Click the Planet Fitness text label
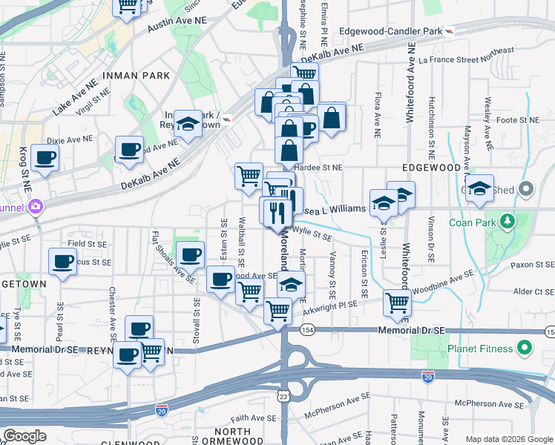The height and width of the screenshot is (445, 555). [479, 349]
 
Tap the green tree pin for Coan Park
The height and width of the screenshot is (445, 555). [508, 221]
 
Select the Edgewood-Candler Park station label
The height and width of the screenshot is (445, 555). [390, 31]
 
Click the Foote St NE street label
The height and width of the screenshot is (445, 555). [517, 119]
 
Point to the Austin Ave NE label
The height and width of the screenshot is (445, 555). [177, 24]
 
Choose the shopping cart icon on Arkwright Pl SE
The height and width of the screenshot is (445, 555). [398, 303]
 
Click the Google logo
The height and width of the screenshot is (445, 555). [25, 436]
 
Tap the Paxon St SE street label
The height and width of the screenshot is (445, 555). [528, 264]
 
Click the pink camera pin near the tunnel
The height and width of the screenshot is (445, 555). [34, 205]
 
